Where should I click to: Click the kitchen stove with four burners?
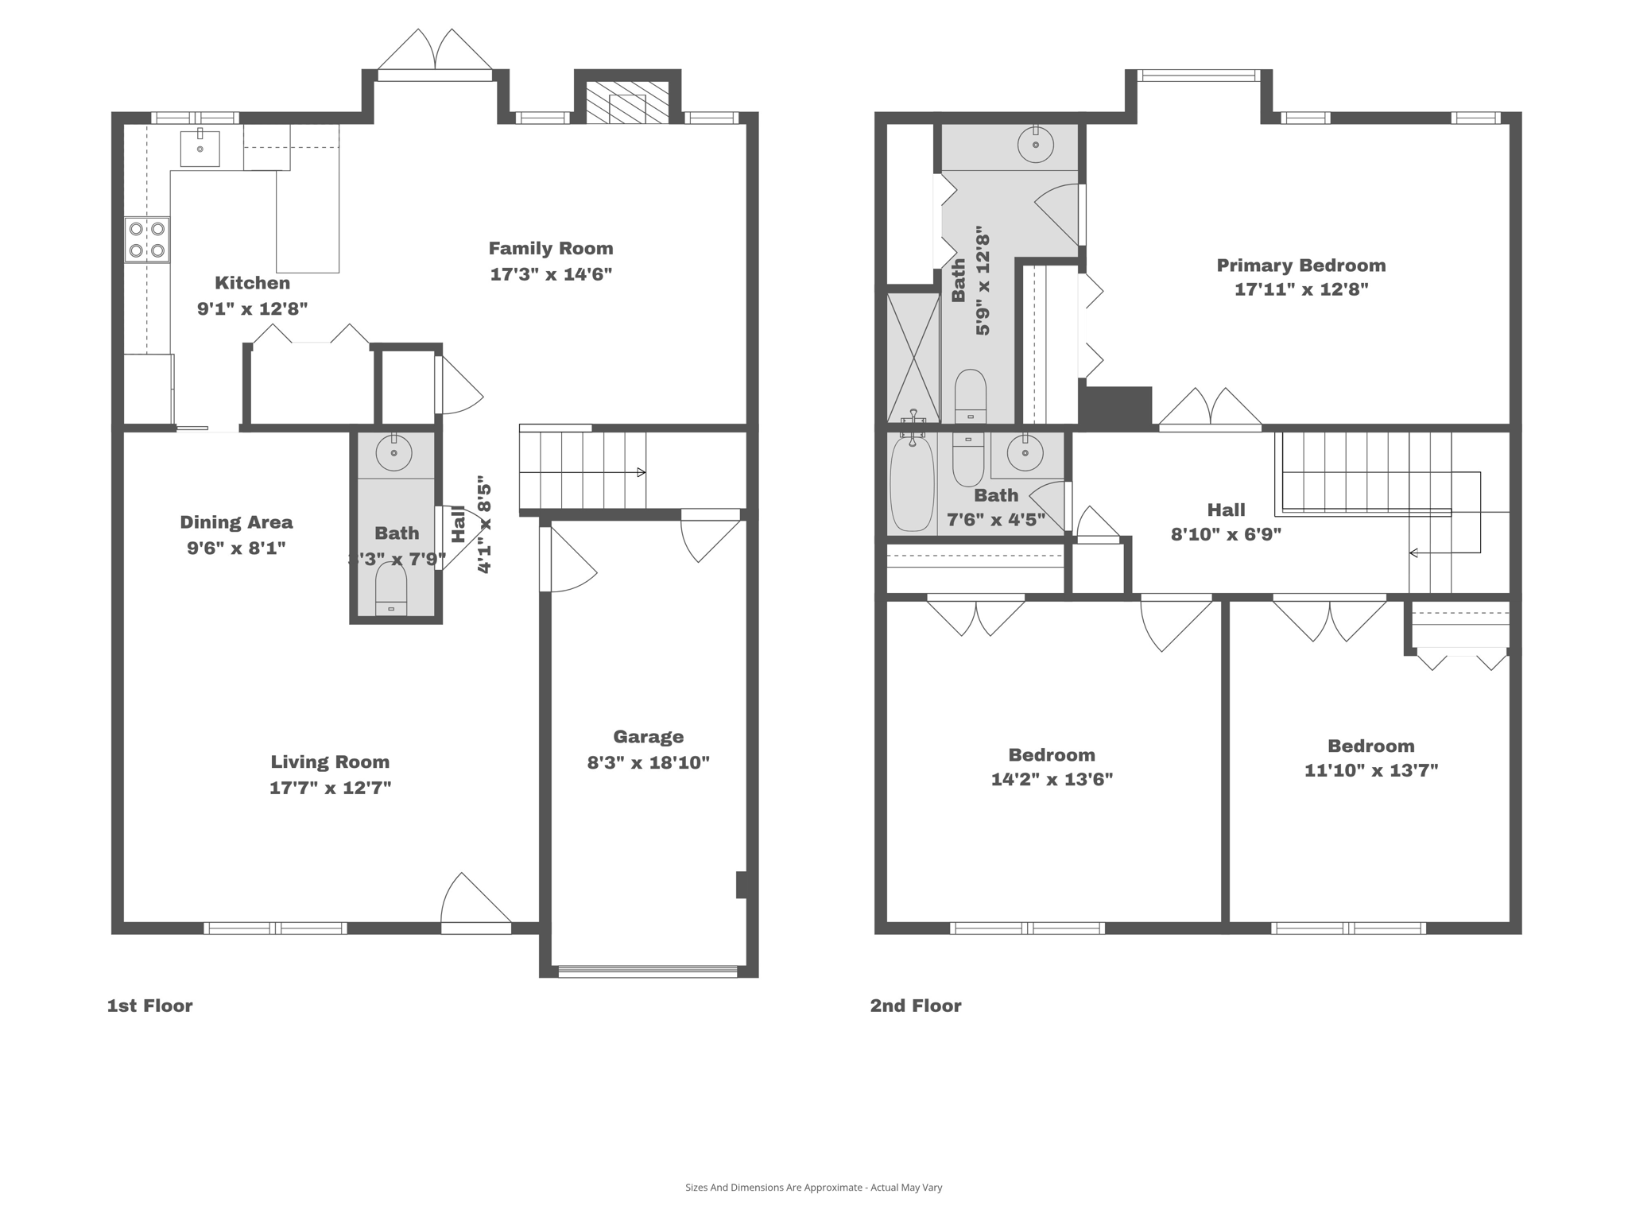[x=147, y=240]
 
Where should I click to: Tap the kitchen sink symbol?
[x=200, y=148]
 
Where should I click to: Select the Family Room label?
[x=550, y=249]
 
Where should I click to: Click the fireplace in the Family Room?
[x=627, y=102]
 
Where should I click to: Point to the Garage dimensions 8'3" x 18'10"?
[x=648, y=763]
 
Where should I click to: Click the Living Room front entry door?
[x=475, y=906]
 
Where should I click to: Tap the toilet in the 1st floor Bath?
[x=391, y=589]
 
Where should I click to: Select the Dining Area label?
[x=236, y=522]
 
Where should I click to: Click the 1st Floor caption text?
[x=149, y=1006]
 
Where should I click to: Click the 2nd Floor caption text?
[x=915, y=1006]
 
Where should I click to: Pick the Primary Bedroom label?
[x=1300, y=266]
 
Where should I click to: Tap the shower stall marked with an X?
[x=913, y=357]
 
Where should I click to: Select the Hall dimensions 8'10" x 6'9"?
[x=1226, y=534]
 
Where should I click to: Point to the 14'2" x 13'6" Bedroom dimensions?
[x=1051, y=780]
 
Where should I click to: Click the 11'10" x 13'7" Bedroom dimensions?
[x=1370, y=770]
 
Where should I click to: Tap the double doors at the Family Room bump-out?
[x=435, y=56]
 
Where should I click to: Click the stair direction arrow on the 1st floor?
[x=641, y=472]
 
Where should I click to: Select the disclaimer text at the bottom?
[x=813, y=1188]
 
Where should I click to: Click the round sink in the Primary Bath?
[x=1035, y=145]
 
